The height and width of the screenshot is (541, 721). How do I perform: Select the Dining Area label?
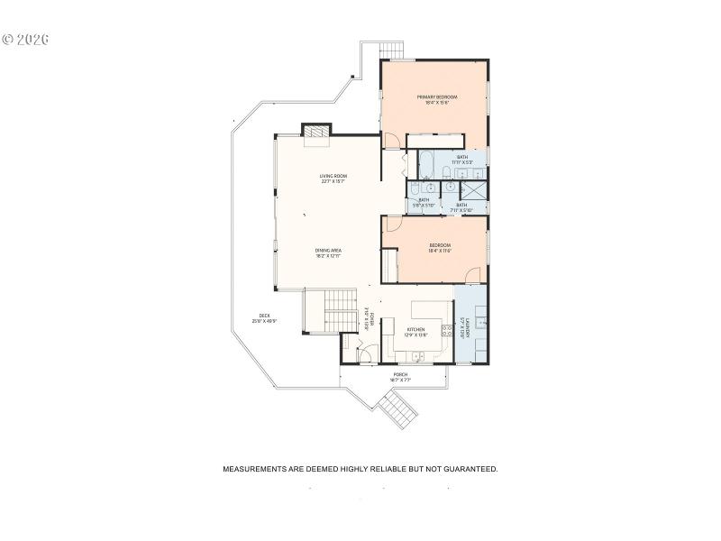328,252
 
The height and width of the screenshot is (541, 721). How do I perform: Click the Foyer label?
370,321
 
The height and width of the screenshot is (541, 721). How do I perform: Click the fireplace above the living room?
316,133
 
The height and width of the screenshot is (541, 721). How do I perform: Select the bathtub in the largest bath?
426,165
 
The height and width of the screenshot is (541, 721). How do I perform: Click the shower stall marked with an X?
474,190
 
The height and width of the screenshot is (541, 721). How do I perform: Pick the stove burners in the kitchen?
446,330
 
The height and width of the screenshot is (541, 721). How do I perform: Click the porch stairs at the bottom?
397,411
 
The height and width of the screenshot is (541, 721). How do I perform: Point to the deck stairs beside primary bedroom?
390,50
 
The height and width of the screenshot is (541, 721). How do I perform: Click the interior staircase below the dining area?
330,311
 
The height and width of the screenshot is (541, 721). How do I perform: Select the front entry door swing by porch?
364,353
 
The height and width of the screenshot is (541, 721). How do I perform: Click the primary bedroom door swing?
392,141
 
